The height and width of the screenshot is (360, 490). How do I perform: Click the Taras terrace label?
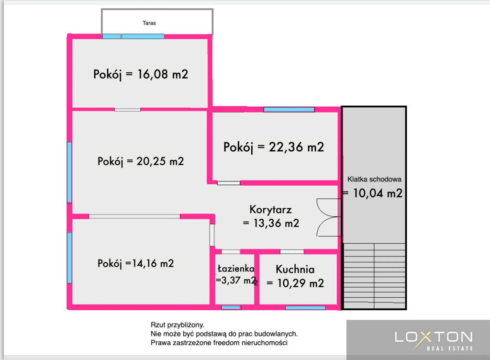[x=149, y=23]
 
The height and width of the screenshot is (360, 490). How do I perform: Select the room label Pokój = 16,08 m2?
[x=141, y=74]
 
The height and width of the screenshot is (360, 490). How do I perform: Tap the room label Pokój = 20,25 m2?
[x=141, y=161]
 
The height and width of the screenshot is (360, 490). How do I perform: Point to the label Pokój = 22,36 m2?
[x=273, y=147]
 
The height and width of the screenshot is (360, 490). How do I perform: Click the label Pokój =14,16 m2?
[x=135, y=263]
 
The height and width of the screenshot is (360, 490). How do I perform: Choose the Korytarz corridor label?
[x=271, y=210]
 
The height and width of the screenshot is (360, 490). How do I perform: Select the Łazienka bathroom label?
[x=236, y=269]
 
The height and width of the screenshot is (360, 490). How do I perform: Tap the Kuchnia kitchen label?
[x=295, y=270]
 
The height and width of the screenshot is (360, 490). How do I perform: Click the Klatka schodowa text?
[x=374, y=180]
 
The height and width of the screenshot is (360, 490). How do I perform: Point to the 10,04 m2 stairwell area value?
[x=378, y=193]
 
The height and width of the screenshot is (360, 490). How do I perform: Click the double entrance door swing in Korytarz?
[x=328, y=217]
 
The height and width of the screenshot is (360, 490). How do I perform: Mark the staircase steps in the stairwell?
[x=374, y=276]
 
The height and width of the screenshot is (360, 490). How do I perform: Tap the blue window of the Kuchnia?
[x=305, y=308]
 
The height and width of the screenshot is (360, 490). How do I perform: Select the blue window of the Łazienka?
[x=231, y=308]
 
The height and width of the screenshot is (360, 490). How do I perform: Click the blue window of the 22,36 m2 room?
[x=289, y=109]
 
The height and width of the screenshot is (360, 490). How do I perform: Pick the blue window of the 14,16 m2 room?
[x=70, y=258]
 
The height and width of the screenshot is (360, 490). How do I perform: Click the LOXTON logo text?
[x=434, y=337]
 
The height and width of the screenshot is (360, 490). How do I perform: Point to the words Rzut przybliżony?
[x=177, y=325]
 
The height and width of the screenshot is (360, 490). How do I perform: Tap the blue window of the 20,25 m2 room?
[x=70, y=172]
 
